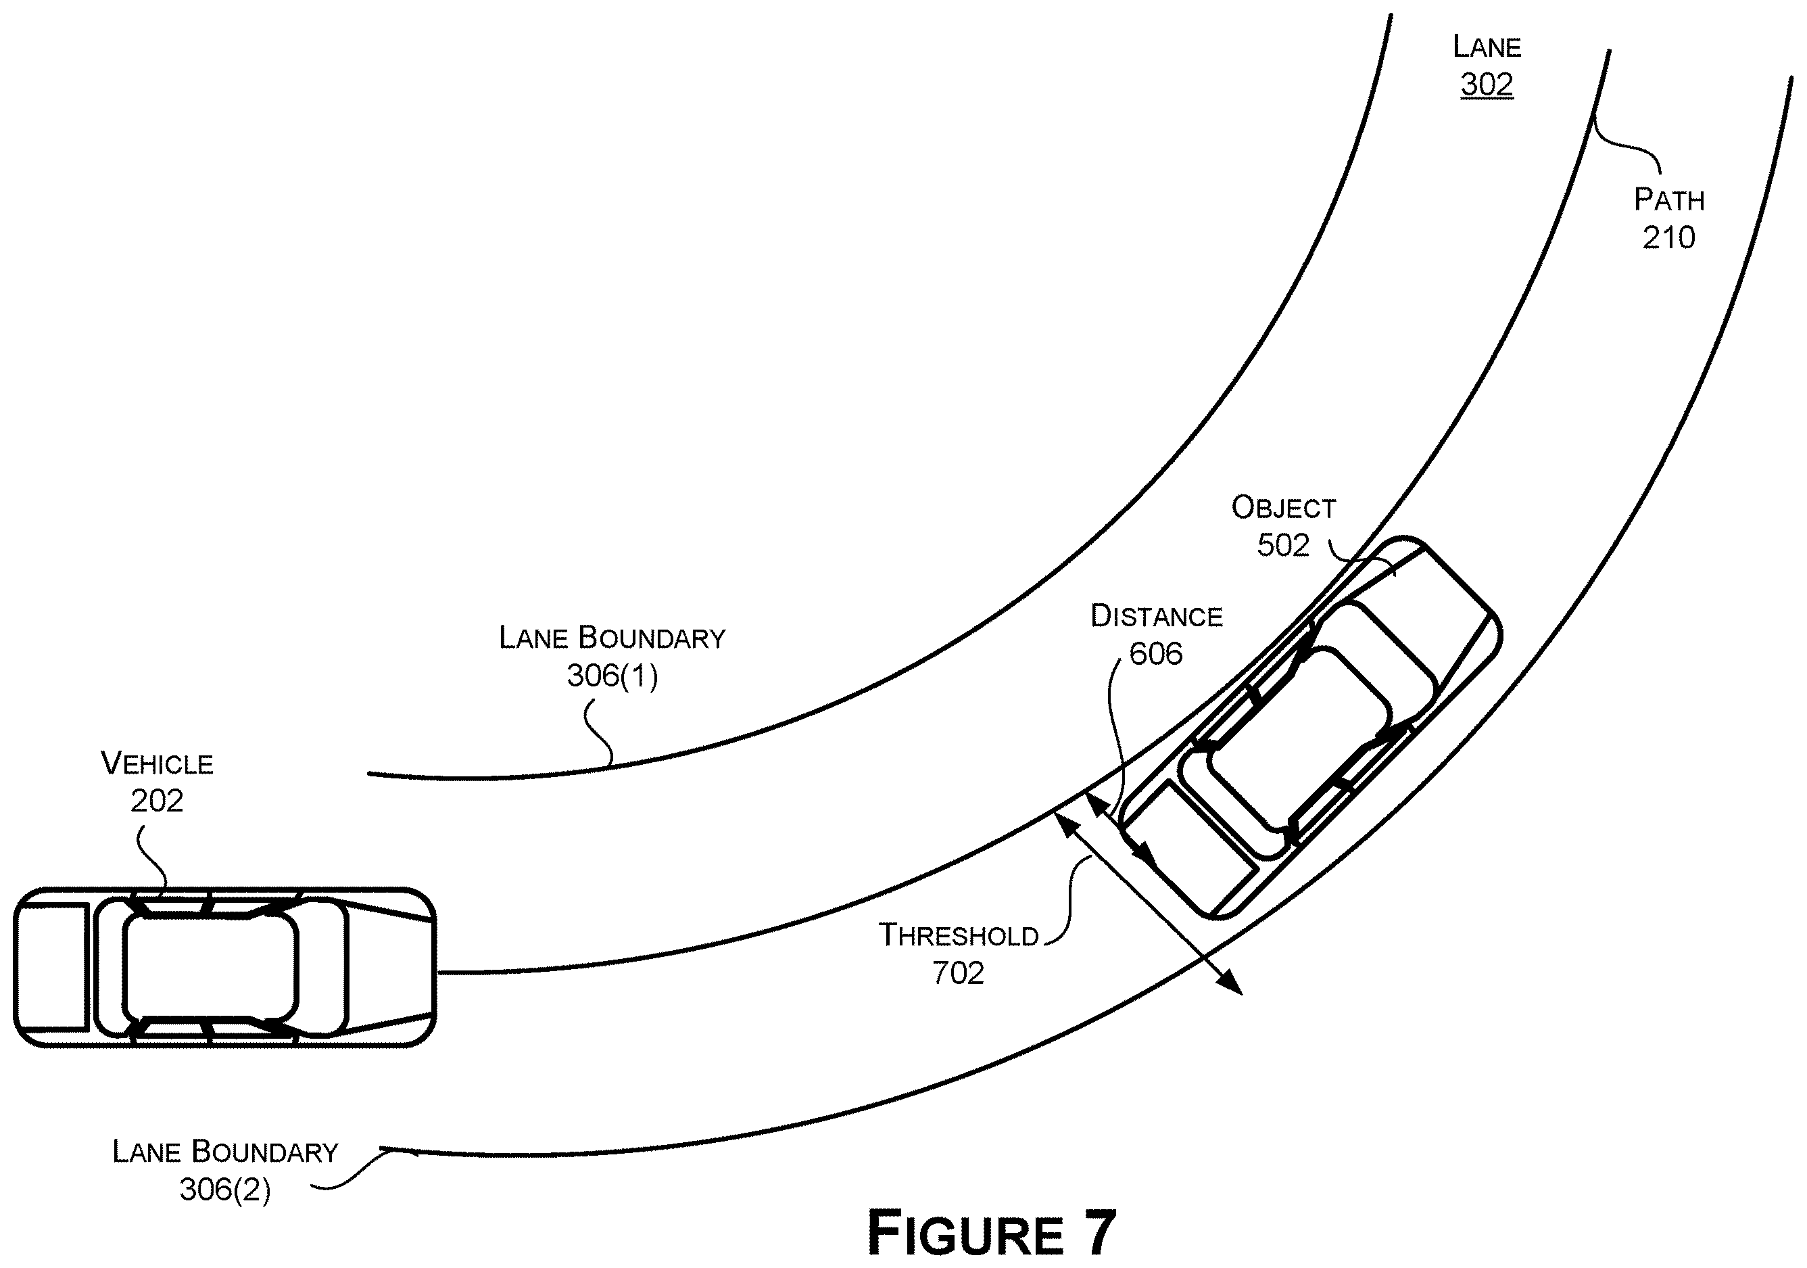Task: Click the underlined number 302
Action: click(1487, 85)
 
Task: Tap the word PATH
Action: click(1669, 200)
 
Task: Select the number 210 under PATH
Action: click(1668, 237)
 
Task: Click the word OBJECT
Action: click(1284, 508)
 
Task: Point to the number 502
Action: click(1283, 544)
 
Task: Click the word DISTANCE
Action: click(1156, 616)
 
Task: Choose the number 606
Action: click(1155, 653)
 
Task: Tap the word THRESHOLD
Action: click(959, 936)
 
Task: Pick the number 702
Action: click(958, 974)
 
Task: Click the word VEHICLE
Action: click(158, 764)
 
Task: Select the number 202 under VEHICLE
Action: click(157, 801)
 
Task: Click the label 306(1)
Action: click(612, 676)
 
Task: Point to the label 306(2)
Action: click(225, 1190)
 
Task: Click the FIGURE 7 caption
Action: click(992, 1233)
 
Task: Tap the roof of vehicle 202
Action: click(210, 967)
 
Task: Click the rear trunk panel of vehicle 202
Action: click(52, 967)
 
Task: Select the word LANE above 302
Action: click(1487, 47)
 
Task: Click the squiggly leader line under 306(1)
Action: click(599, 734)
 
